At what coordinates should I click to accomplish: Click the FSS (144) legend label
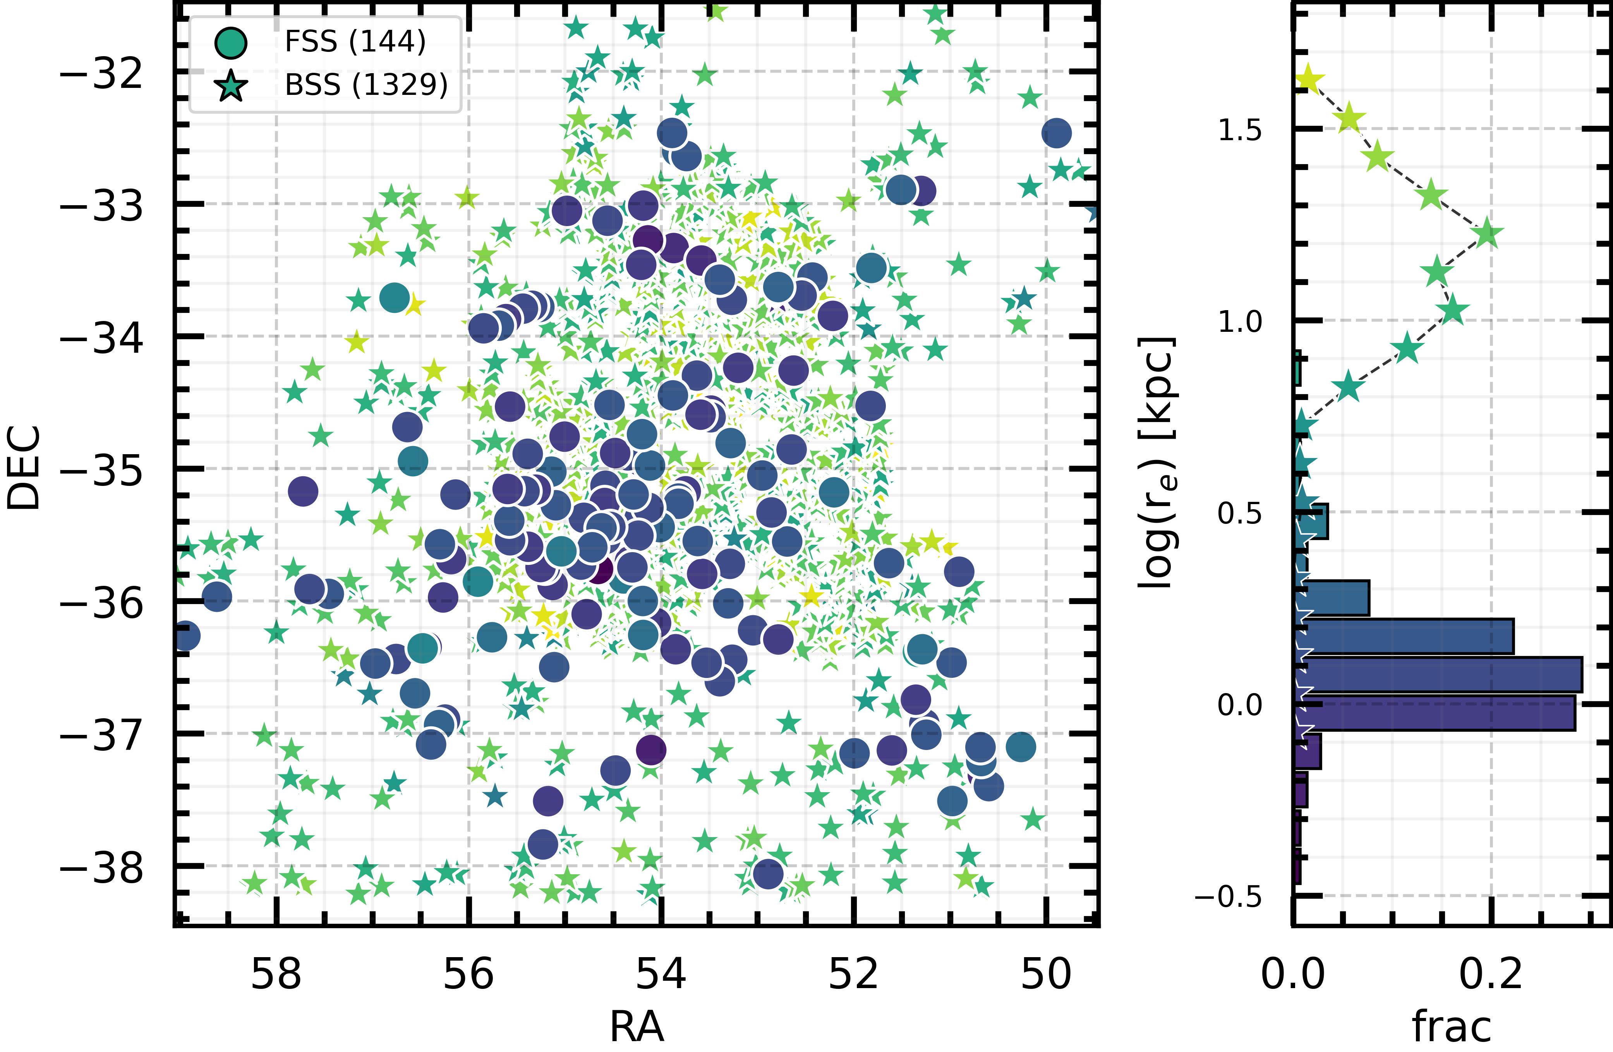click(355, 42)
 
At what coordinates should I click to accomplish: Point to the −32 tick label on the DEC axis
click(102, 72)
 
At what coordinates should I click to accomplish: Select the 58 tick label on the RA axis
click(276, 975)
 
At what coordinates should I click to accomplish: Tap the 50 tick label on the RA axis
click(1047, 975)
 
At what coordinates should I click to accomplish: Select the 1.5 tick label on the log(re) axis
click(1240, 129)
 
